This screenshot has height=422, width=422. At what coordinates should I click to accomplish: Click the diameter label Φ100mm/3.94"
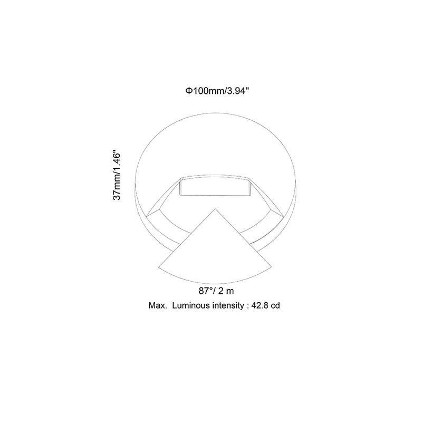point(216,91)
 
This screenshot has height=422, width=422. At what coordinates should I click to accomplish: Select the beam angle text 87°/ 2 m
point(216,291)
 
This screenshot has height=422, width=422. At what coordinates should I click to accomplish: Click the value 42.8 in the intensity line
point(259,305)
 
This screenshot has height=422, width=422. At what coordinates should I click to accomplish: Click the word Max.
point(157,305)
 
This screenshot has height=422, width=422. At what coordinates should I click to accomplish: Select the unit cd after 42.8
point(274,305)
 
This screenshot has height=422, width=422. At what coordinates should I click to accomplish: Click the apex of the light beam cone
point(215,208)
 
